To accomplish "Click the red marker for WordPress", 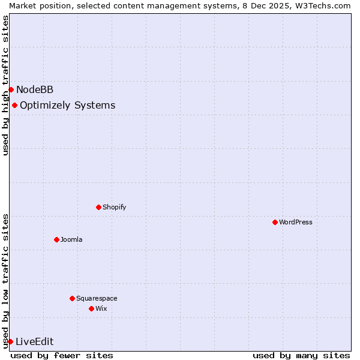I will tap(275, 222).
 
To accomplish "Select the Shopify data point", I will tap(98, 207).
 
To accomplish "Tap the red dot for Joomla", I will tap(56, 239).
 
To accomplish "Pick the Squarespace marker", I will tap(72, 298).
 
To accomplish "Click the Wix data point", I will tap(91, 308).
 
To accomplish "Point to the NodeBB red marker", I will tap(11, 89).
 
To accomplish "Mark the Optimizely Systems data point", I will tap(14, 105).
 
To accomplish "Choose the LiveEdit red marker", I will tap(10, 341).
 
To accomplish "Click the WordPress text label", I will tap(296, 222).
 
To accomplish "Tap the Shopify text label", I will tap(114, 207).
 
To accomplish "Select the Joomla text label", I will tap(71, 239).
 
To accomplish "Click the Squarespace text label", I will tap(97, 298).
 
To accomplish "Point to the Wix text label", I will tap(101, 308).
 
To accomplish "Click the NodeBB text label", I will tap(35, 90).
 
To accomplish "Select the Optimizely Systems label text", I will tap(68, 106).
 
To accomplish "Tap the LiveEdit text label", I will tap(34, 342).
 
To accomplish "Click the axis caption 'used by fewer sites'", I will tap(62, 355).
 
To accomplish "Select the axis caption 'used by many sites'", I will tap(301, 355).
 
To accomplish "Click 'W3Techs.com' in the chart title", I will tap(326, 5).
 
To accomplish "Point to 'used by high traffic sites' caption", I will tap(5, 85).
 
